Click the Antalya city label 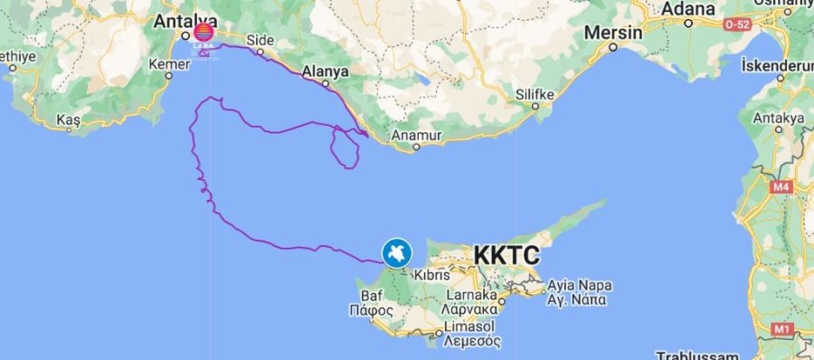(186, 21)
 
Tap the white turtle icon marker (397, 252)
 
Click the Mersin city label (613, 33)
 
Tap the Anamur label (416, 137)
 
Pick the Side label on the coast (260, 41)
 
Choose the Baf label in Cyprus (373, 295)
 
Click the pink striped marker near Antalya (204, 34)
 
